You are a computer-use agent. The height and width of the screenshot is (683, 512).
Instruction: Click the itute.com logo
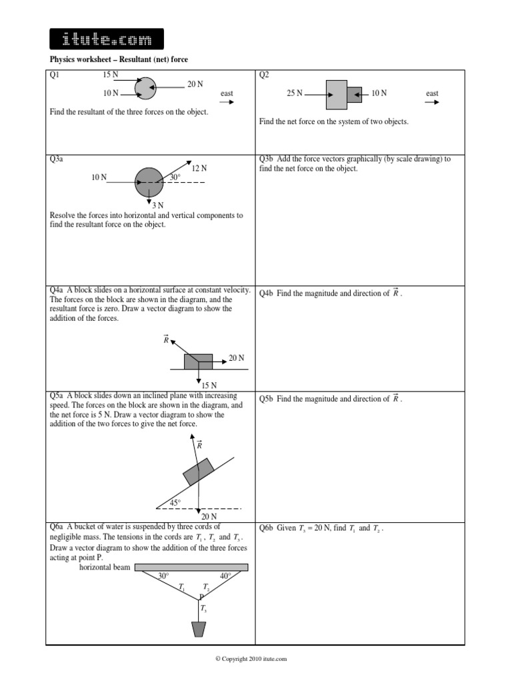[x=107, y=39]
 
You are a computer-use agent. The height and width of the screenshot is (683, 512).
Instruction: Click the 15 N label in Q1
[x=111, y=74]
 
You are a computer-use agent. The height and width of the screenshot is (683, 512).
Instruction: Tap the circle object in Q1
[x=145, y=87]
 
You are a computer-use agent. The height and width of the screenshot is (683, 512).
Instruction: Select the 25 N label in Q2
[x=295, y=94]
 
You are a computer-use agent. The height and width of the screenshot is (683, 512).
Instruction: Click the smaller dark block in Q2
[x=355, y=94]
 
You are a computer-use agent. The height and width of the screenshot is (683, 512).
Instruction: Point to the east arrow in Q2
[x=432, y=103]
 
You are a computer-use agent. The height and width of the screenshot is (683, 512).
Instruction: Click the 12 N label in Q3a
[x=199, y=168]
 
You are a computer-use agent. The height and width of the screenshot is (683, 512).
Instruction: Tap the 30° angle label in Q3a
[x=175, y=177]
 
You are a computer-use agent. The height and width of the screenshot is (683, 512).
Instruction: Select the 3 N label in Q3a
[x=157, y=205]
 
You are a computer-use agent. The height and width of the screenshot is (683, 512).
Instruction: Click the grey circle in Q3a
[x=149, y=181]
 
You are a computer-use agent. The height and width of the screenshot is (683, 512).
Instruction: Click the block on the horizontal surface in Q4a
[x=198, y=362]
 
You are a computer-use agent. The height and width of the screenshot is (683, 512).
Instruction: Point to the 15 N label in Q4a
[x=209, y=386]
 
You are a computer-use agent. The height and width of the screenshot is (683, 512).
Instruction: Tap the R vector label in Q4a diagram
[x=167, y=340]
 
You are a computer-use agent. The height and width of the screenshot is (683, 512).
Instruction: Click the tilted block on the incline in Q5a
[x=199, y=471]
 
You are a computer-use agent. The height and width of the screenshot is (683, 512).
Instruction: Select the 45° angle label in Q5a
[x=175, y=502]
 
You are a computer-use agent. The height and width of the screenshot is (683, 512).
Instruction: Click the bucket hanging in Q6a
[x=199, y=629]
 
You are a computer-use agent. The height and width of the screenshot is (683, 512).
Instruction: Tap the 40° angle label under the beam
[x=225, y=576]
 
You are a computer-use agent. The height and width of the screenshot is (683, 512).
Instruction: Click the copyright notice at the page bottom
[x=251, y=659]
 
